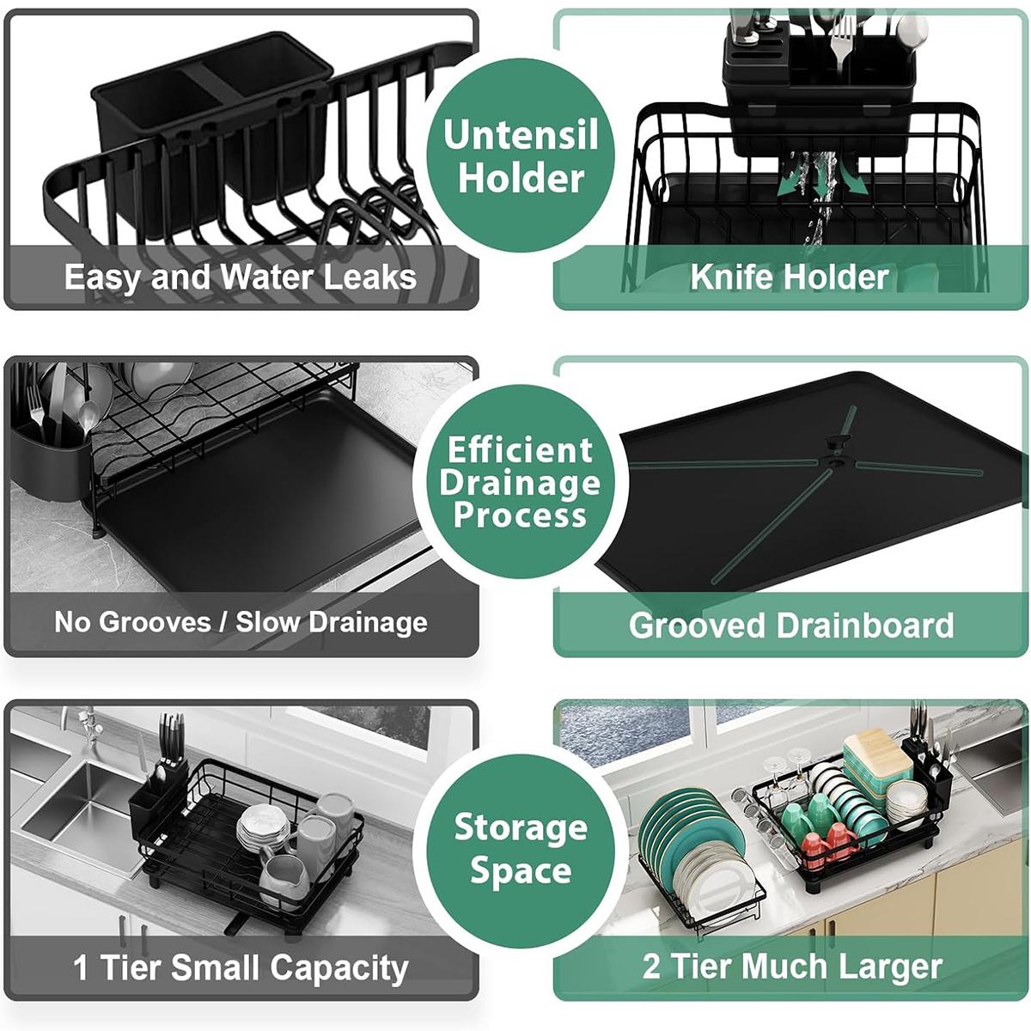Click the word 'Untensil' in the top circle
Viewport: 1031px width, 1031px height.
point(521,136)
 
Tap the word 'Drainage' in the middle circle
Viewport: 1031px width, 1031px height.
point(520,483)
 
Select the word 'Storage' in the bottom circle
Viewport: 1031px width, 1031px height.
point(521,827)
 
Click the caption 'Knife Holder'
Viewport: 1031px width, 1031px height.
point(790,277)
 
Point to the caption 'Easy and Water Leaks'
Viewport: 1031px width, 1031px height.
point(240,277)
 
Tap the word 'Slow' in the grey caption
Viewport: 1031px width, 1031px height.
point(268,622)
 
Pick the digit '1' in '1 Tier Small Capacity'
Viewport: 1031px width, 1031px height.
point(81,967)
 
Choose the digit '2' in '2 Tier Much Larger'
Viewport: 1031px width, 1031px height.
point(651,966)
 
